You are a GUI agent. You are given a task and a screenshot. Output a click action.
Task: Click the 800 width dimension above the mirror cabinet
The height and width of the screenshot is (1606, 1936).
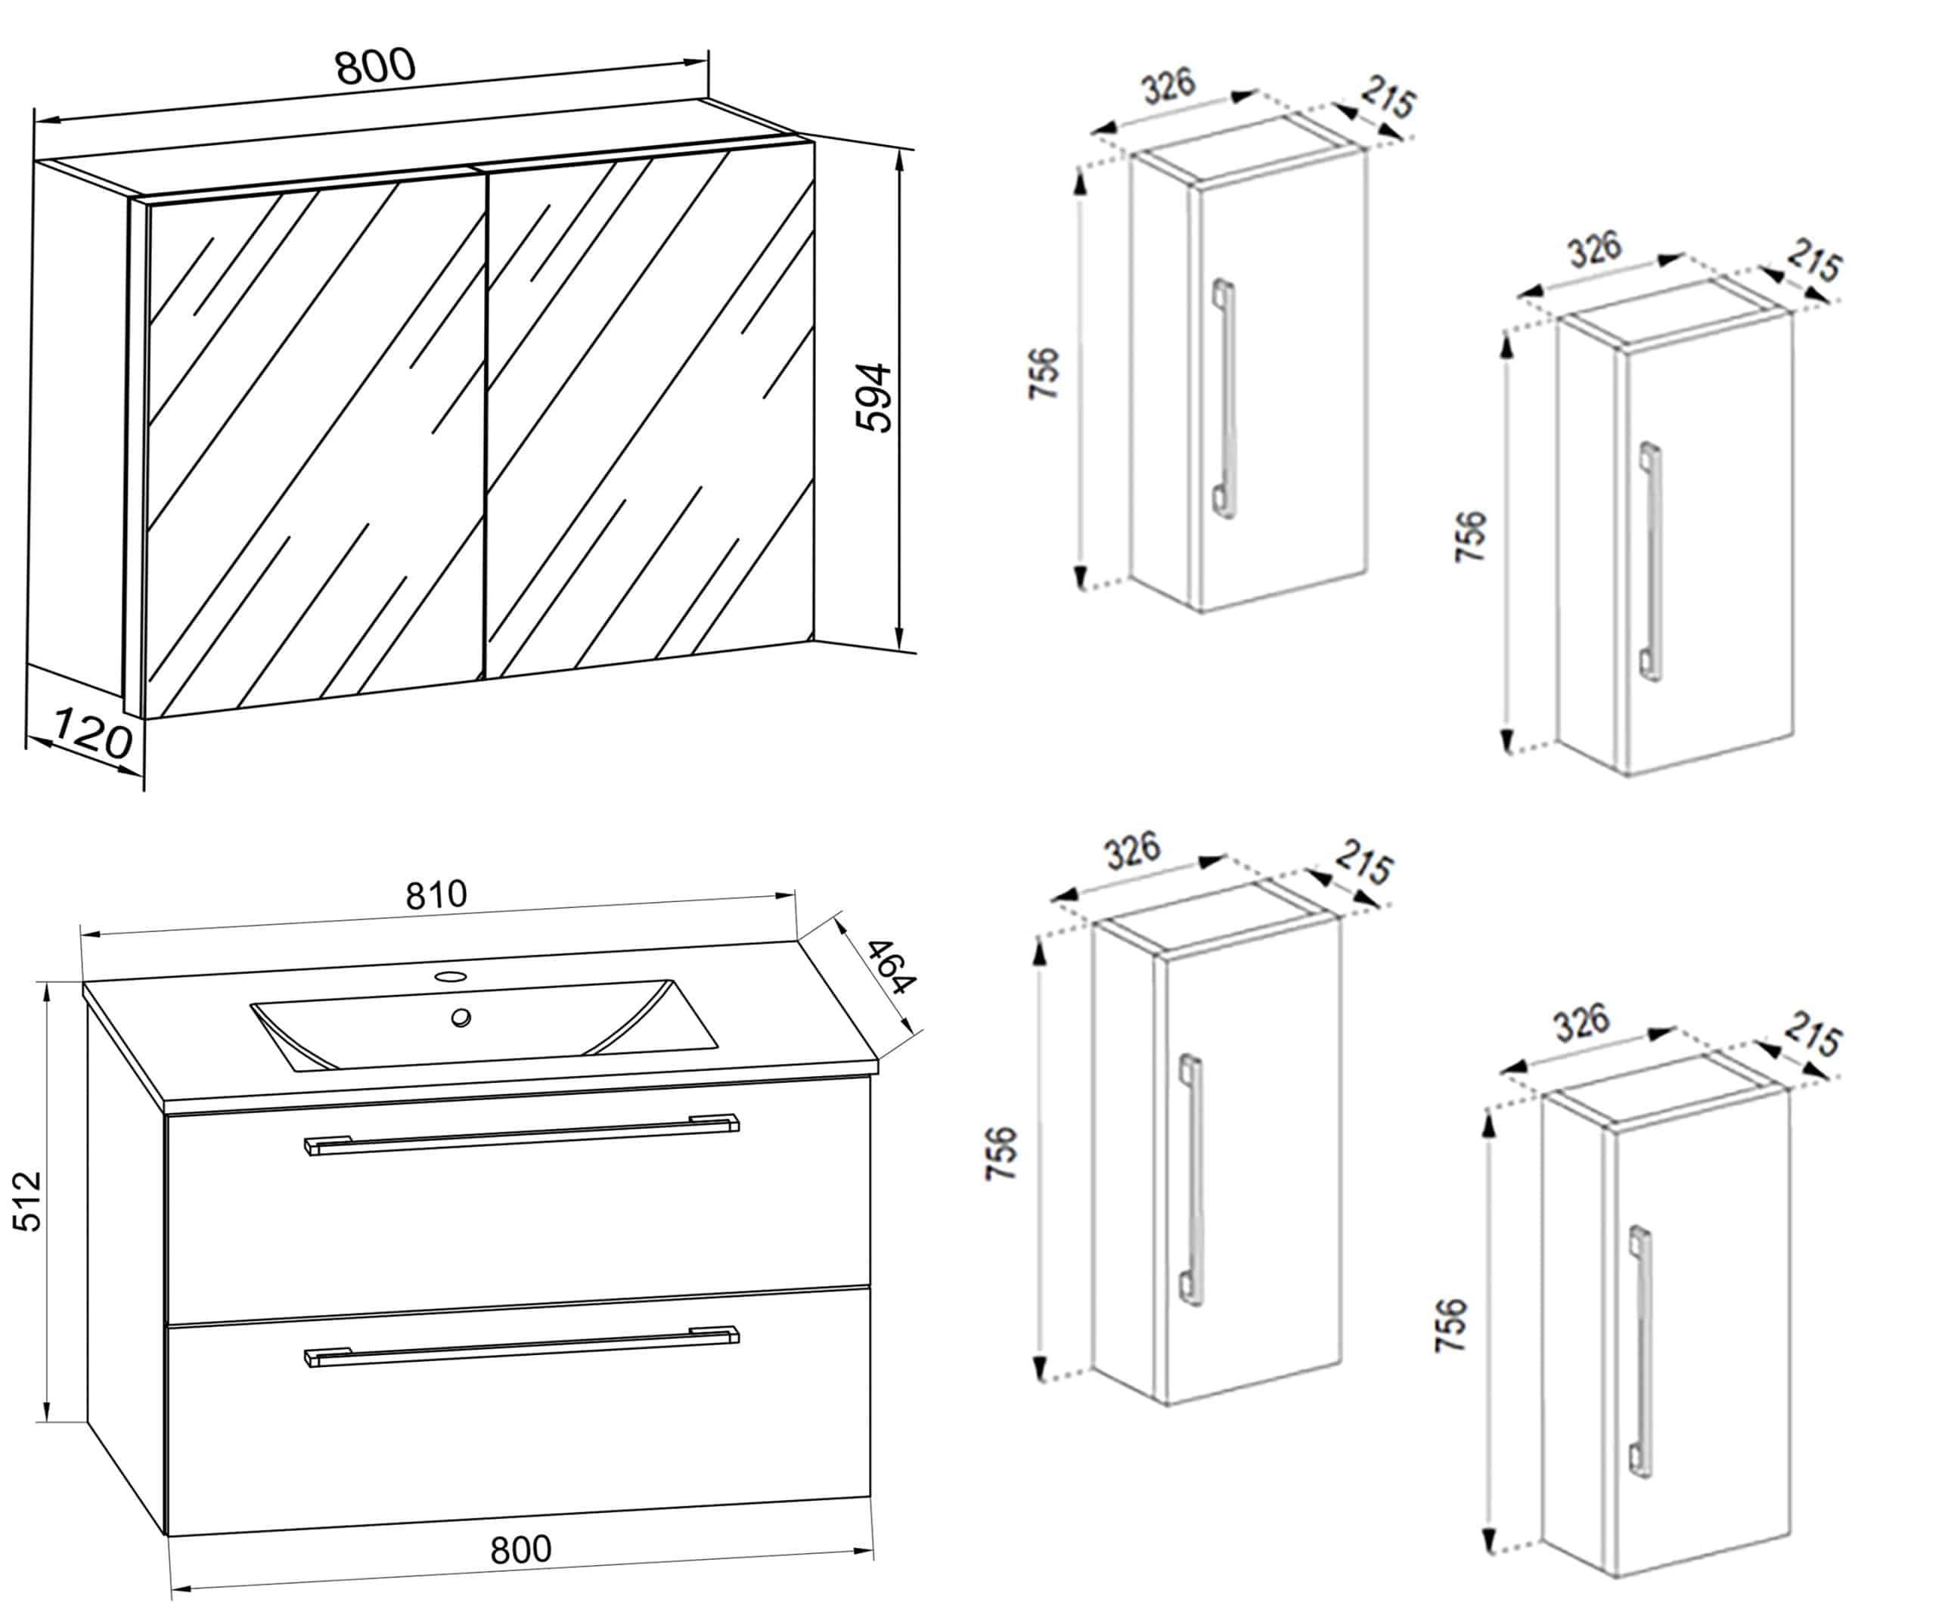pyautogui.click(x=375, y=67)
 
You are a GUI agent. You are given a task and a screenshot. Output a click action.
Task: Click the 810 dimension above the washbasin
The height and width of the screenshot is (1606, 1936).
pyautogui.click(x=436, y=894)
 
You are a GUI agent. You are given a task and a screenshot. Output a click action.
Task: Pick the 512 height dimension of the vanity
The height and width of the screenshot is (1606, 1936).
pyautogui.click(x=28, y=1201)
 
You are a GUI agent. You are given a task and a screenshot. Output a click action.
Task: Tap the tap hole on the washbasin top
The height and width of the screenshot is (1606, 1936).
pyautogui.click(x=451, y=975)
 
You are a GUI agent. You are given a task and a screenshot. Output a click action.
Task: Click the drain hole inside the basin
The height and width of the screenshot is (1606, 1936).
pyautogui.click(x=461, y=1017)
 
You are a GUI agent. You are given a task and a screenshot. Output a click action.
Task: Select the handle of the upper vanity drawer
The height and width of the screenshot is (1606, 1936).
pyautogui.click(x=522, y=1134)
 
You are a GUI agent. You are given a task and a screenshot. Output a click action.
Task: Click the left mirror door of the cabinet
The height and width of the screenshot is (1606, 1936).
pyautogui.click(x=313, y=442)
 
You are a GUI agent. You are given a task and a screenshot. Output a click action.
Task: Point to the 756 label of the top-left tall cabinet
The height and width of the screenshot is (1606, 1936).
pyautogui.click(x=1044, y=373)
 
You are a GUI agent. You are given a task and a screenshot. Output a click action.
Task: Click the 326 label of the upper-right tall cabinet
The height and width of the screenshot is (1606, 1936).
pyautogui.click(x=1594, y=248)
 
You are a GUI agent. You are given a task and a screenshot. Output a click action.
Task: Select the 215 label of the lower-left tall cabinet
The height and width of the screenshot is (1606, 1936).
pyautogui.click(x=1364, y=862)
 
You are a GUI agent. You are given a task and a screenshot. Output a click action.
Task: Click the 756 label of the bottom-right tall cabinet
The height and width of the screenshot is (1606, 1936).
pyautogui.click(x=1450, y=1325)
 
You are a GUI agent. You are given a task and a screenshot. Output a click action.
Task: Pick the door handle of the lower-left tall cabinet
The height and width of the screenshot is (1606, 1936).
pyautogui.click(x=1191, y=1180)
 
